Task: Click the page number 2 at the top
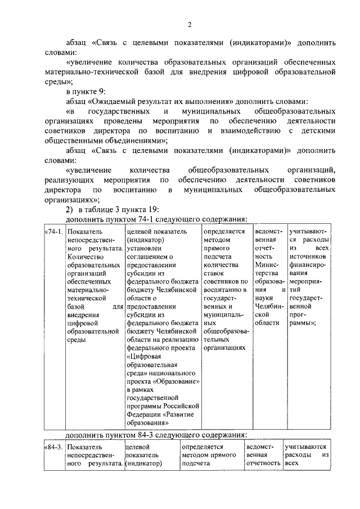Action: pos(190,24)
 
